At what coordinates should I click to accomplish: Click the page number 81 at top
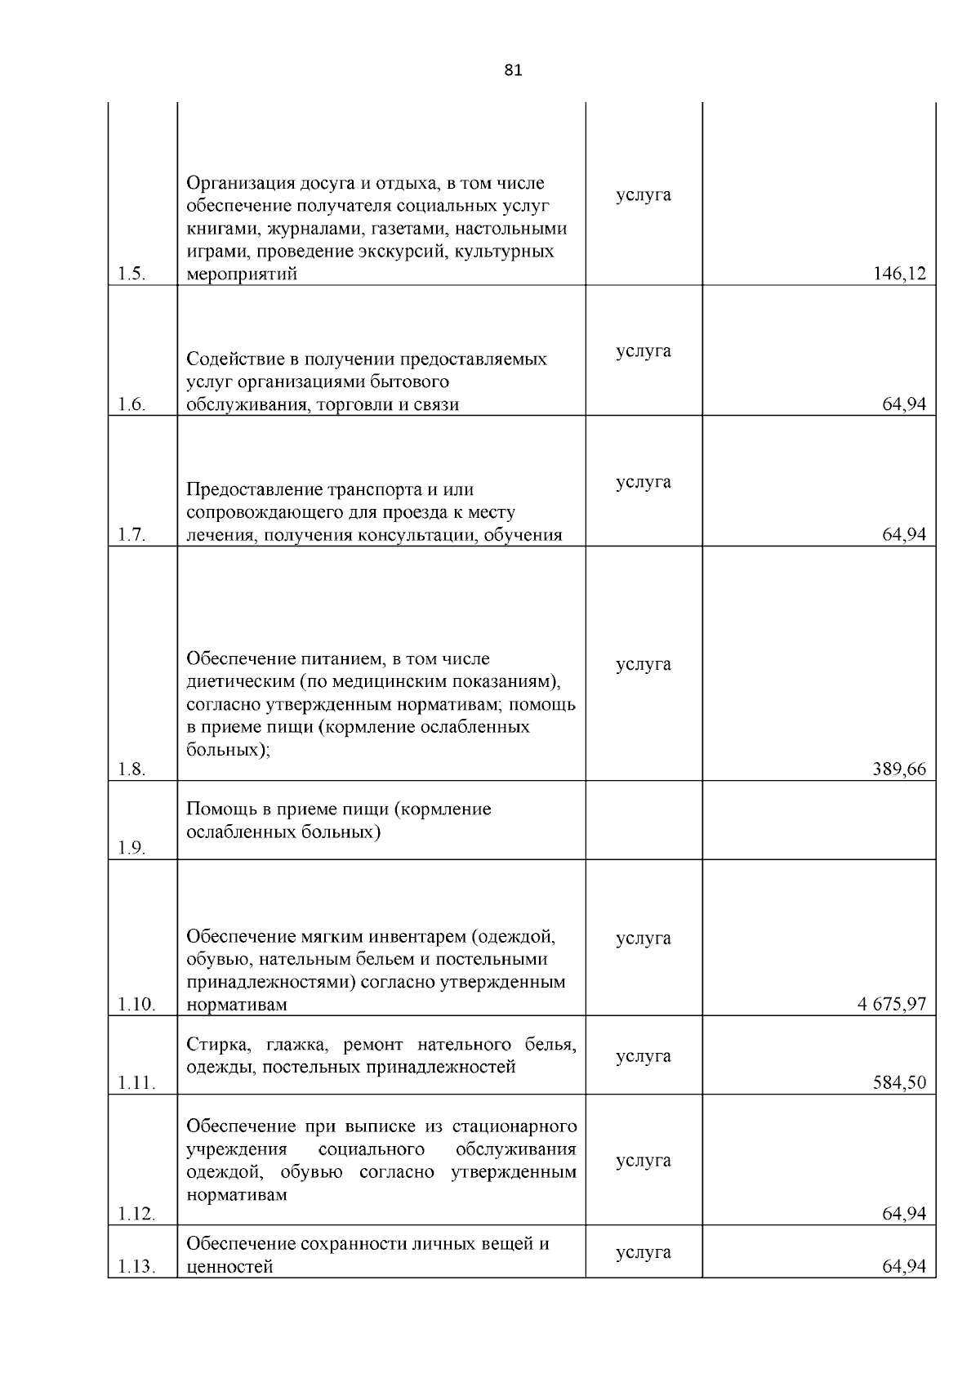(x=513, y=70)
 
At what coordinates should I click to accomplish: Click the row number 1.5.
(x=131, y=274)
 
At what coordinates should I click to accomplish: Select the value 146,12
(x=900, y=274)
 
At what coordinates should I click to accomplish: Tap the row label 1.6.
(x=131, y=405)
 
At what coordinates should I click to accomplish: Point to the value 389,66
(x=900, y=769)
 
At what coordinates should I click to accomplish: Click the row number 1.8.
(x=131, y=769)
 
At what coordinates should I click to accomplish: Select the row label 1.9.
(x=131, y=848)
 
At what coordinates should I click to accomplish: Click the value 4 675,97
(x=892, y=1005)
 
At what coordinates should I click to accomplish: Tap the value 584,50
(x=900, y=1083)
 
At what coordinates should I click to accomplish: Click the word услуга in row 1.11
(x=644, y=1056)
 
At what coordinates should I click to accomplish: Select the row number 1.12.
(x=136, y=1214)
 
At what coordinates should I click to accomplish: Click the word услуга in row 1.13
(x=644, y=1252)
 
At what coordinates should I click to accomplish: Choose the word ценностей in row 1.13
(x=229, y=1267)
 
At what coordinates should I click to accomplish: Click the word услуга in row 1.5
(x=644, y=195)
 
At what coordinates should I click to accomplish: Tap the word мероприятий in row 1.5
(x=242, y=275)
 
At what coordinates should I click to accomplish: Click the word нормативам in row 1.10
(x=237, y=1006)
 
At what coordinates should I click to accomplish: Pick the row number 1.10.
(x=136, y=1005)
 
